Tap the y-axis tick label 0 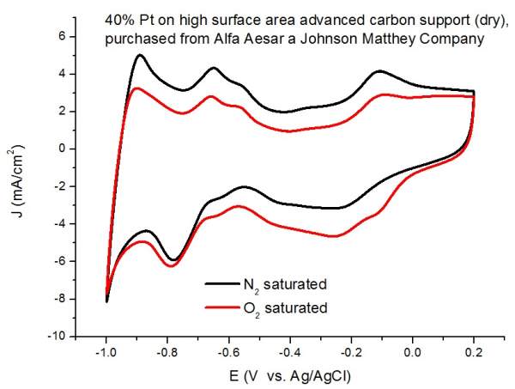point(63,149)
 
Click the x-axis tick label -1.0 point(106,353)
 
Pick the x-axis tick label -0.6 point(228,353)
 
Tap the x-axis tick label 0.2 point(475,353)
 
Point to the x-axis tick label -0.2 point(350,353)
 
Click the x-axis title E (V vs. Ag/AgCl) point(289,374)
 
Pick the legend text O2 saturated point(292,306)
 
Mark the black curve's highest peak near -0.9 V point(139,55)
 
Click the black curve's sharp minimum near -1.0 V point(107,301)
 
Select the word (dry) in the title point(446,18)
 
